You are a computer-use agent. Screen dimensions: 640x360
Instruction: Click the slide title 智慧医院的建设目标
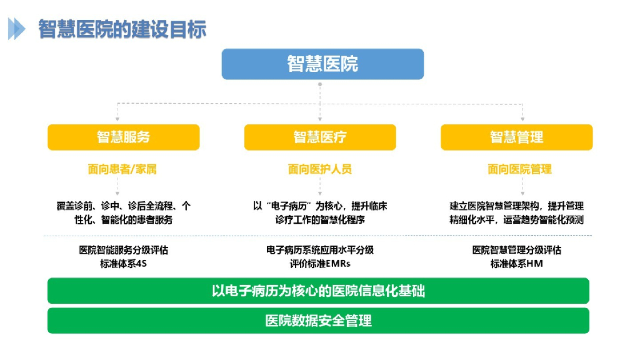[x=122, y=29]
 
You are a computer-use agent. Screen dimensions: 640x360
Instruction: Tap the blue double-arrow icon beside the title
[x=17, y=29]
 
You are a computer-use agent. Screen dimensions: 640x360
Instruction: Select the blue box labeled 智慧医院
[x=322, y=64]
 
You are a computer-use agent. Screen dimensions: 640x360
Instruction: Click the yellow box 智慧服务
[x=124, y=137]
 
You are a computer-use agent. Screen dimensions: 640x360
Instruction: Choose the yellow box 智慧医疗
[x=320, y=137]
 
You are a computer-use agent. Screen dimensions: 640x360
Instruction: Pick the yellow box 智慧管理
[x=516, y=137]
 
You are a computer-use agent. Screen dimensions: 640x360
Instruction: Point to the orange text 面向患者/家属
[x=122, y=169]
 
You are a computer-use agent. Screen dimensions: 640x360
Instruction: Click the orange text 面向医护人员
[x=320, y=169]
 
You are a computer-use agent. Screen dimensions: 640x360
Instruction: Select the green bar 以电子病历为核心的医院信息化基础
[x=319, y=291]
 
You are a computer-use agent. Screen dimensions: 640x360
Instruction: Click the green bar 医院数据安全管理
[x=319, y=321]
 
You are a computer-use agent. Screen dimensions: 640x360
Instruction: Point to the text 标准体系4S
[x=124, y=263]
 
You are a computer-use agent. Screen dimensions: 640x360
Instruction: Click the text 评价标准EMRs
[x=320, y=263]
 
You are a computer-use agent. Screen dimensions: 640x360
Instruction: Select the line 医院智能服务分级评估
[x=124, y=250]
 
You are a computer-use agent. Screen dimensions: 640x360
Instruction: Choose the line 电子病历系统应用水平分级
[x=320, y=250]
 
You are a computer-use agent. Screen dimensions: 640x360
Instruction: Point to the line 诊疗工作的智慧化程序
[x=320, y=219]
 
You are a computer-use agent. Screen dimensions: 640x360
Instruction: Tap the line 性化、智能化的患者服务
[x=124, y=219]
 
